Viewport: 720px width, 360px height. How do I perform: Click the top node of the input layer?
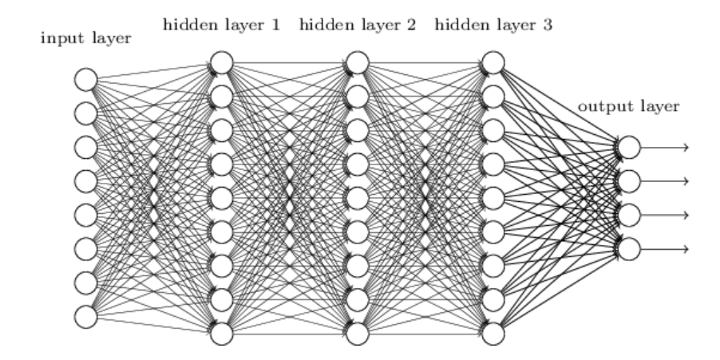click(x=85, y=79)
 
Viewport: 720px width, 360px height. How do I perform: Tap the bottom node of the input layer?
click(x=85, y=316)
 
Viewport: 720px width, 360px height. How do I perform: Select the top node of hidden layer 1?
click(x=221, y=61)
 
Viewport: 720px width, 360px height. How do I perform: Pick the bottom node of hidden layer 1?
click(x=221, y=332)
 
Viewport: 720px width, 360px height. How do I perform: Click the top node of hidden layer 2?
click(x=358, y=61)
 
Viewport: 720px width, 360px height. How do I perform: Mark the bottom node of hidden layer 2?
click(x=358, y=332)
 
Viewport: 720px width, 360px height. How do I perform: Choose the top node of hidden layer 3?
click(x=494, y=61)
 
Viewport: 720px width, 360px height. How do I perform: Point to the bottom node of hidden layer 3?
click(x=494, y=332)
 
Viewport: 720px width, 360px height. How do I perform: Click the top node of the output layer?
click(x=629, y=147)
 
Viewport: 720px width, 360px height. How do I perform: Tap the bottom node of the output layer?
click(x=629, y=248)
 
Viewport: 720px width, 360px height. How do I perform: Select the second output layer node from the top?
click(x=629, y=180)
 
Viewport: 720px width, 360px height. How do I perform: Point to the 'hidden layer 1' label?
click(x=221, y=24)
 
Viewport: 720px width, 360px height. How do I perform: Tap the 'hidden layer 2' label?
click(x=358, y=24)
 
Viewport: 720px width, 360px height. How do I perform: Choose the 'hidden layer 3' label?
click(x=494, y=24)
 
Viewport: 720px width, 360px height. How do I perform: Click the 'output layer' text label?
click(x=630, y=106)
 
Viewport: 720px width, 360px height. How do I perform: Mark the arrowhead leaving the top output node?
click(x=685, y=147)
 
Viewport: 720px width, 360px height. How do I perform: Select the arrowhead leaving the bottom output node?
click(x=685, y=248)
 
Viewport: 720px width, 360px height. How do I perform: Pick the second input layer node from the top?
click(x=85, y=113)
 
